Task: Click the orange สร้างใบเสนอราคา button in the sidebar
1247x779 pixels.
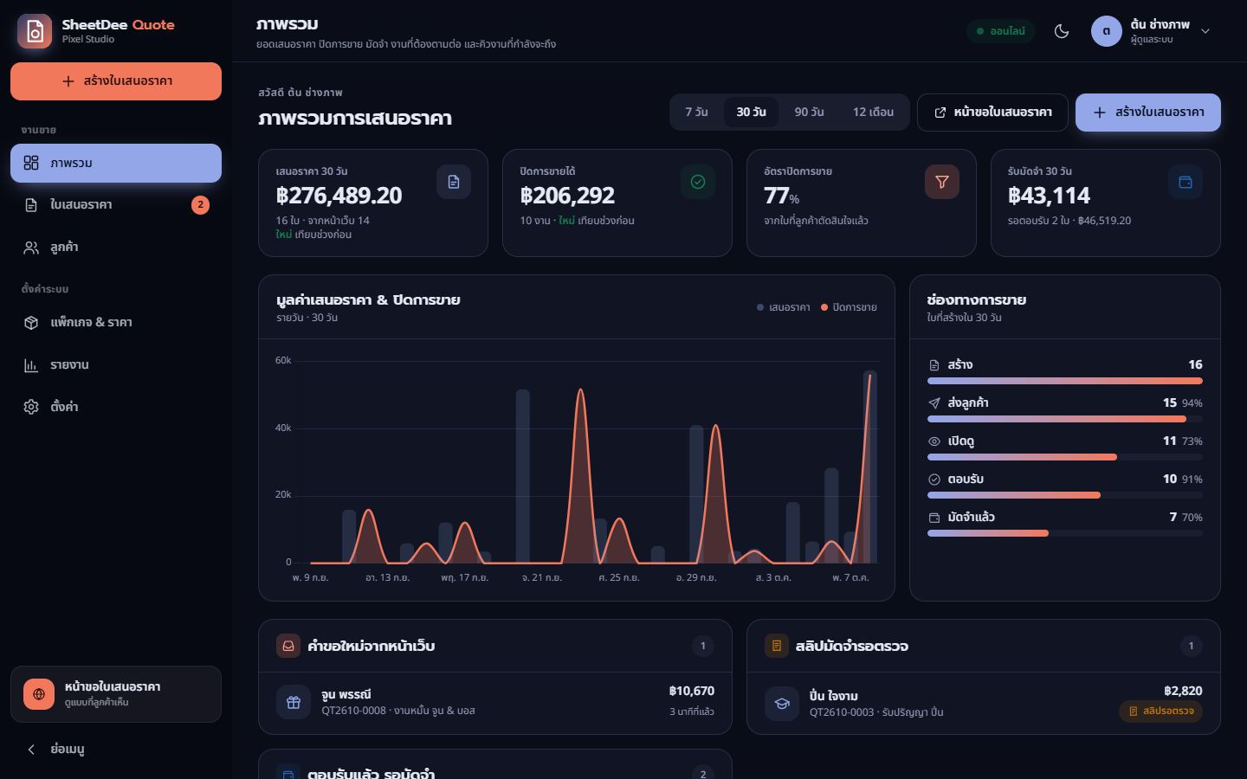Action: [116, 81]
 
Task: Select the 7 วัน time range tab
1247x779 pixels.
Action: [696, 112]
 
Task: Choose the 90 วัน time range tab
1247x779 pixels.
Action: [809, 112]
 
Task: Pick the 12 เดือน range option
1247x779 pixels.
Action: [873, 112]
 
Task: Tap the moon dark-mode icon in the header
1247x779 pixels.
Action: [1062, 31]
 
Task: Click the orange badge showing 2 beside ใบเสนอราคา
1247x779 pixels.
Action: [200, 205]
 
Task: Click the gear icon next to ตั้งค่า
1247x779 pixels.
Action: [31, 407]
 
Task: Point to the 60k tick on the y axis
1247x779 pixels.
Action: [283, 361]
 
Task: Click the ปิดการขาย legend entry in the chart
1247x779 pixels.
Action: [849, 307]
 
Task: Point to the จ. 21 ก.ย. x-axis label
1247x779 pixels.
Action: [542, 577]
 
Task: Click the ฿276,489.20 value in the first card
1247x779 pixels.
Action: [339, 196]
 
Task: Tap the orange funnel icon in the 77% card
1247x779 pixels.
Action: [942, 182]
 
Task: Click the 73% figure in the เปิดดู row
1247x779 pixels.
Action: [1192, 441]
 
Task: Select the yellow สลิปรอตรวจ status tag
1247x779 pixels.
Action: [1160, 711]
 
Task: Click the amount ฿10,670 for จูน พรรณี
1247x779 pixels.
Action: [691, 691]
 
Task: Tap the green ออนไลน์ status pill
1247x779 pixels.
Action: [1001, 31]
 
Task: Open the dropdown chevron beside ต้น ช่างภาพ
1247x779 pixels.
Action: [1205, 31]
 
